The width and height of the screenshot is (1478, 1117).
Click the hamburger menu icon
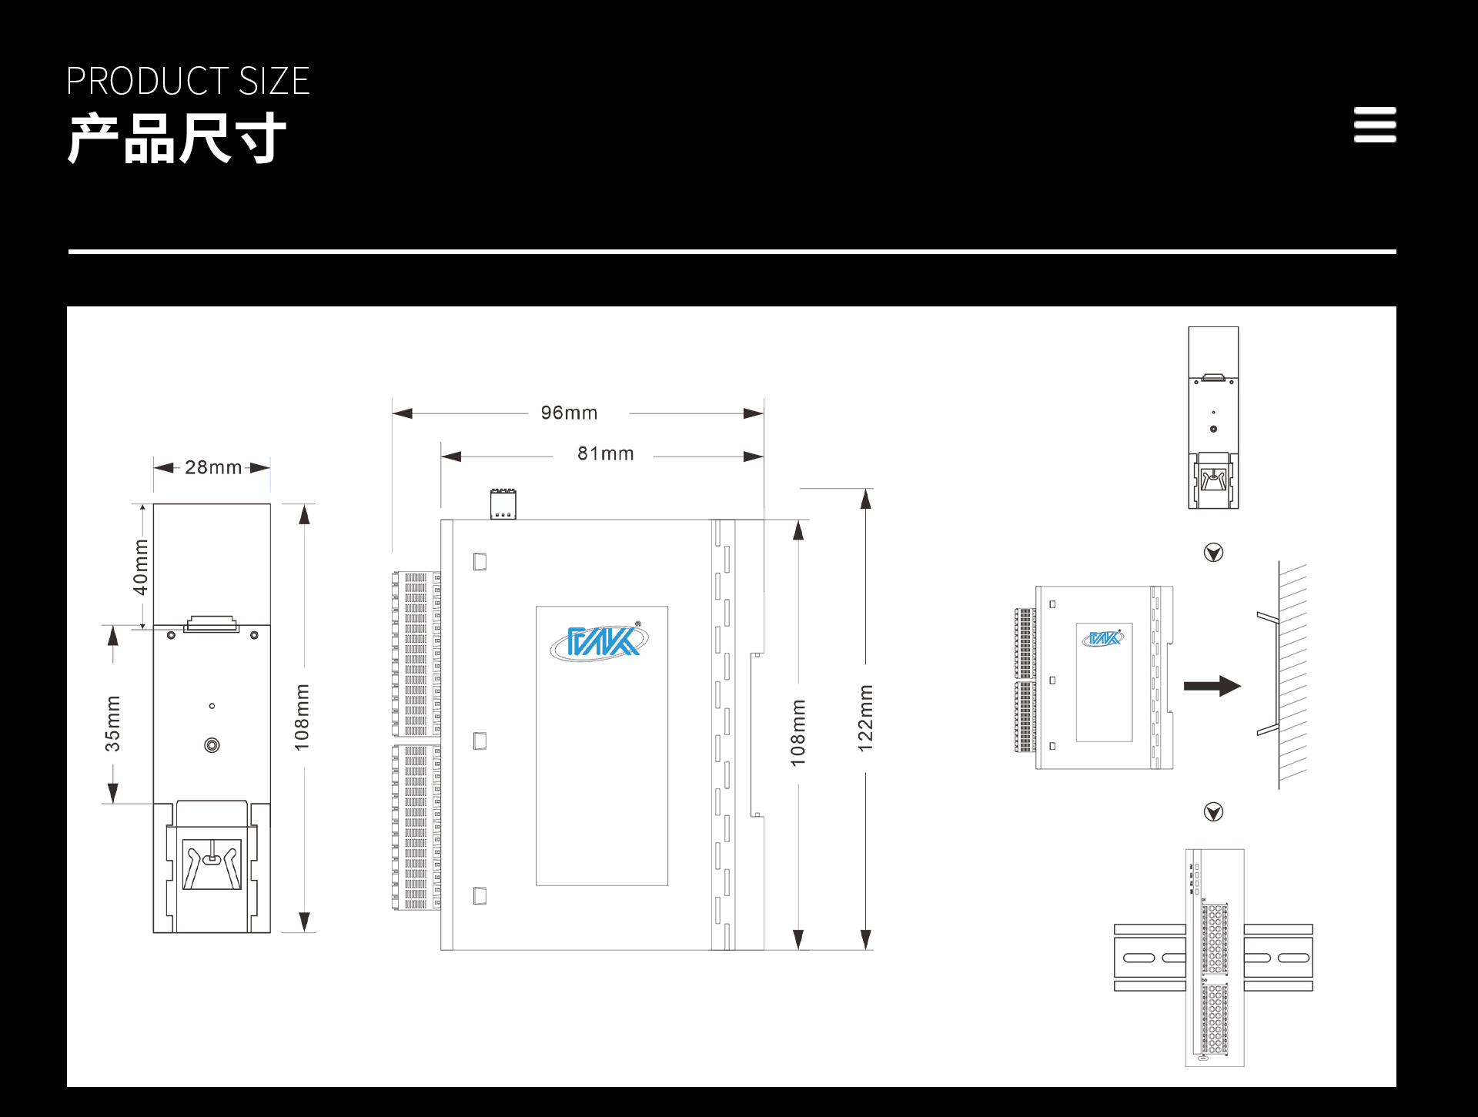[x=1375, y=125]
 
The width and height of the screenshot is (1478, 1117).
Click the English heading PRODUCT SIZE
[x=188, y=82]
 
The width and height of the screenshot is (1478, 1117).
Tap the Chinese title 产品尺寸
[x=177, y=139]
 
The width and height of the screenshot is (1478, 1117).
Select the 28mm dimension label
[x=213, y=467]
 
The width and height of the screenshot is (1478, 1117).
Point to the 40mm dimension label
[x=140, y=567]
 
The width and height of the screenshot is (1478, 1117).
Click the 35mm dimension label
[x=113, y=724]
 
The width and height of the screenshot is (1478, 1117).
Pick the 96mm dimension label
[x=569, y=413]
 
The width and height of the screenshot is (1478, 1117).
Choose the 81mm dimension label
[x=606, y=453]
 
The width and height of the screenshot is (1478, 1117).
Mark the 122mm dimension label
[x=866, y=718]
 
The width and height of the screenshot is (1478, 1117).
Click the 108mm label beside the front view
[x=302, y=717]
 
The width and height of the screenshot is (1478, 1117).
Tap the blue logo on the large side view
[x=600, y=641]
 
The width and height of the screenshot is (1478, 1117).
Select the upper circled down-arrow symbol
[x=1213, y=553]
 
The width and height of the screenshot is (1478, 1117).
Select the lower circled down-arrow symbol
[x=1213, y=812]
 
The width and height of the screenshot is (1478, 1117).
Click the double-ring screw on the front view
[x=212, y=745]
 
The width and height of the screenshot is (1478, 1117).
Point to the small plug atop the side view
[x=503, y=504]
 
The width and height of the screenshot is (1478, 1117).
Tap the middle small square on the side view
[x=480, y=741]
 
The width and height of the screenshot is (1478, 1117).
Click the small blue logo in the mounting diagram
[x=1103, y=638]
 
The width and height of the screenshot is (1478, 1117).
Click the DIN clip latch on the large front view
[x=212, y=864]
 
